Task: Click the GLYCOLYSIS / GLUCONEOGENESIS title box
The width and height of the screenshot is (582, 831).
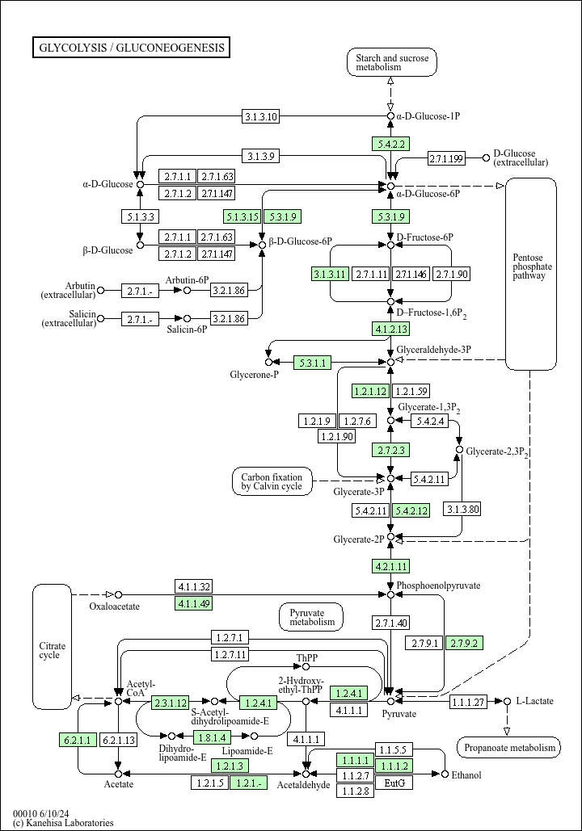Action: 132,48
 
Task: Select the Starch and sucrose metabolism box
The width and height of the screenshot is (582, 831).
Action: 391,62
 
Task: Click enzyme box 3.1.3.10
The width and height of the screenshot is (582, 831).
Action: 261,117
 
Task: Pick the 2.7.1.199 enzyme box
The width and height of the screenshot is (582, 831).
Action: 446,157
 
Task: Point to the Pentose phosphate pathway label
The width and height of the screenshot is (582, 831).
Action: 532,267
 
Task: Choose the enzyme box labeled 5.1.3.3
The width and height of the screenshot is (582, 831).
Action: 140,216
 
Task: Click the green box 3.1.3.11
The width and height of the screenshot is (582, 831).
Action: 330,274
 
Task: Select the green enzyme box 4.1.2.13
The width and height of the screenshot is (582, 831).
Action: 391,329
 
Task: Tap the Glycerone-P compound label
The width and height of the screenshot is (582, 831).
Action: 254,376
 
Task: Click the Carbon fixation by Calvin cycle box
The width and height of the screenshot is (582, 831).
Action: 272,481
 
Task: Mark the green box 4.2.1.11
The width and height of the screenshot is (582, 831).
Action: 391,565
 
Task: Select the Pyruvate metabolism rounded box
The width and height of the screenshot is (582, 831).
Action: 311,617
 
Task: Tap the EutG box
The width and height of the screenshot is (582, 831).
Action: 394,783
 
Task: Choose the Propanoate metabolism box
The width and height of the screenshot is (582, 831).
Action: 508,748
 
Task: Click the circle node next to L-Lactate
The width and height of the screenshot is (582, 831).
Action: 508,701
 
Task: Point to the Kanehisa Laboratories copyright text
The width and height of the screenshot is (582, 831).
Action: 64,823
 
